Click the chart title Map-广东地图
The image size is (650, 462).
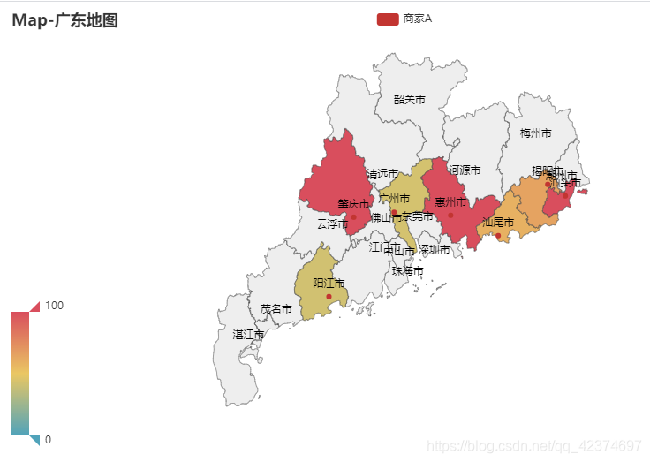click(x=65, y=20)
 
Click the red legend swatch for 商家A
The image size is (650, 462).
click(x=387, y=19)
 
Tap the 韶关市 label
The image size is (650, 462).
click(x=409, y=99)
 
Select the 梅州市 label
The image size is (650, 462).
click(x=535, y=133)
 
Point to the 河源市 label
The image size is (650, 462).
click(x=465, y=169)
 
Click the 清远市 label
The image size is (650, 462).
click(x=382, y=173)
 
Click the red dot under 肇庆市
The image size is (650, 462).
click(x=353, y=216)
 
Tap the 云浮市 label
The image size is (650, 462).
click(x=332, y=223)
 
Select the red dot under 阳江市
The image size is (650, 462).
click(x=329, y=296)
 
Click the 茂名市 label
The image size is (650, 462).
click(x=276, y=308)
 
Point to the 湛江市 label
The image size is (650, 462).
click(x=248, y=334)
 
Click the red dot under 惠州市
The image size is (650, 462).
click(x=450, y=215)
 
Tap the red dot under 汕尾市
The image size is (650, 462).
click(x=498, y=235)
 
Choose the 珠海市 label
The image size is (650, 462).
click(x=407, y=269)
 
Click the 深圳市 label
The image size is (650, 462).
click(x=434, y=250)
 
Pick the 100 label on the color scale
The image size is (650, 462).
click(x=54, y=305)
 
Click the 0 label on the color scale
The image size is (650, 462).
click(x=48, y=440)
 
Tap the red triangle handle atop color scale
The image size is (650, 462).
click(x=35, y=306)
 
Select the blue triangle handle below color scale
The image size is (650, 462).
click(x=35, y=439)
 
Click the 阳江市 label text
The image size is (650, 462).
click(x=329, y=283)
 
